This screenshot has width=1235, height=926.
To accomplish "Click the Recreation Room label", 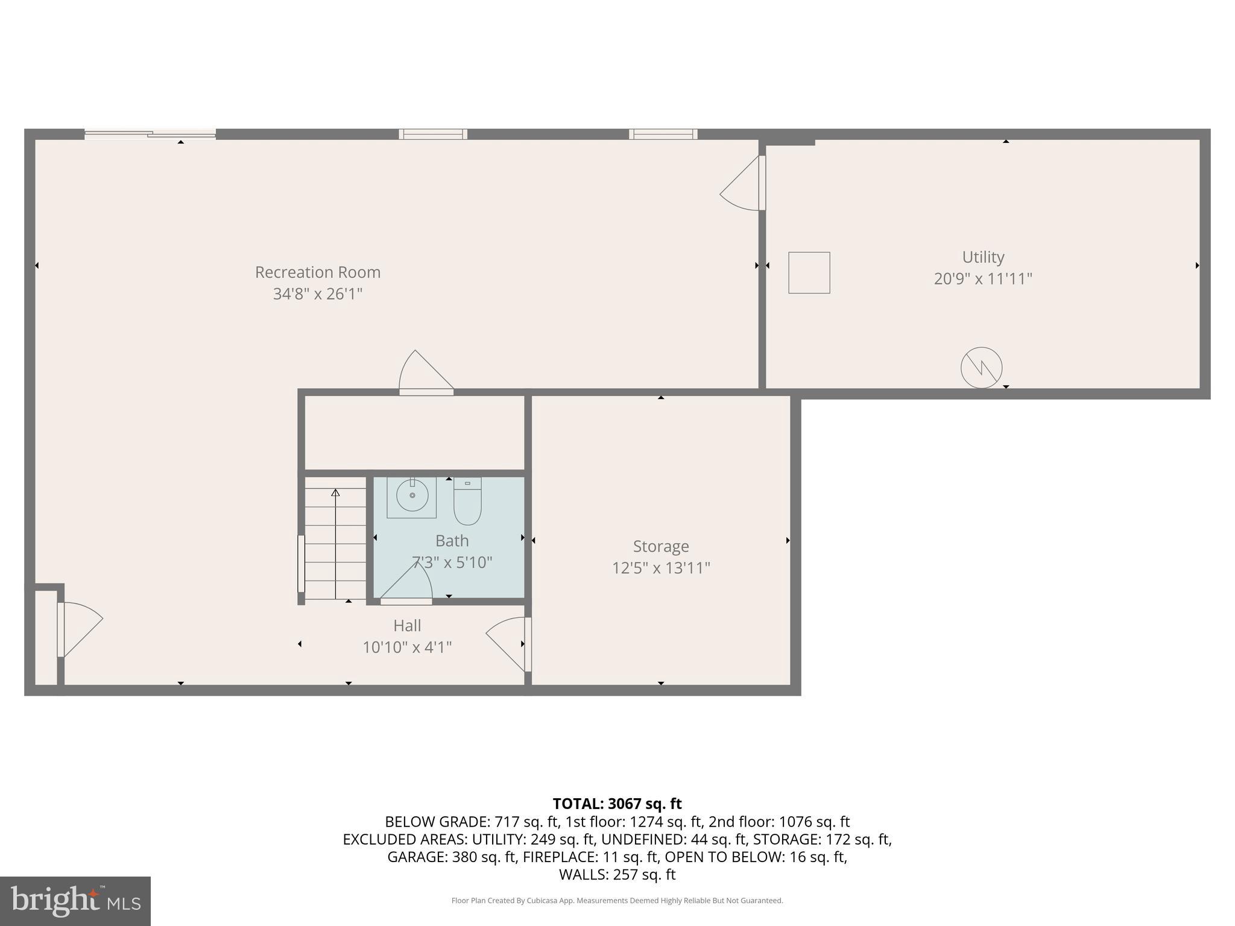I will [318, 272].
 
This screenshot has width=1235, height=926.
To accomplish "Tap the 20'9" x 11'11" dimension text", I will [983, 279].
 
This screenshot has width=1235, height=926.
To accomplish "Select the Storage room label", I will [661, 546].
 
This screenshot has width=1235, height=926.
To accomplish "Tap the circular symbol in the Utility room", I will [981, 367].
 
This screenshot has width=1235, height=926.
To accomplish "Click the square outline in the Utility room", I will [809, 272].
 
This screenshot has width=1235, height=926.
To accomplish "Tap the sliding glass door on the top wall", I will [150, 134].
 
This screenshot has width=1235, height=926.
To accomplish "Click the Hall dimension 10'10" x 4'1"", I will [407, 647].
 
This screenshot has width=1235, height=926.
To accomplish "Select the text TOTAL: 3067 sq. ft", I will [617, 804].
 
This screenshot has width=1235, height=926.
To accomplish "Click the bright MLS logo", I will [75, 901].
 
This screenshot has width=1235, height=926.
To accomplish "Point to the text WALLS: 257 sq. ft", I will [617, 874].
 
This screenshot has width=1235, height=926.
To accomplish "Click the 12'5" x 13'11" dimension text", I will [661, 568].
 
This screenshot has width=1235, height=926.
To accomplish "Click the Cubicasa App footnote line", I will [617, 901].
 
